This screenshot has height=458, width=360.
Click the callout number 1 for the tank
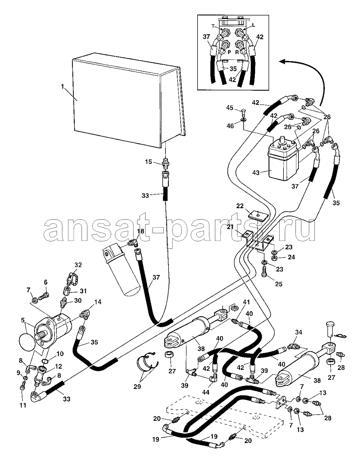(x=62, y=87)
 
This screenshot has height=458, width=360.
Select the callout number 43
(x=256, y=172)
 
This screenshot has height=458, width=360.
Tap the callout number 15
(x=148, y=162)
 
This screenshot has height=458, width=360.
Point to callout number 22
(x=240, y=206)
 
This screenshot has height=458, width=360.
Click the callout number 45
(x=230, y=108)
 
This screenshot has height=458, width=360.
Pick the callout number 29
(x=137, y=386)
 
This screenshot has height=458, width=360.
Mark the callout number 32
(x=78, y=265)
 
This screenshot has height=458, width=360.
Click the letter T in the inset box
(x=213, y=26)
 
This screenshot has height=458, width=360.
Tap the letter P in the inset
(x=229, y=52)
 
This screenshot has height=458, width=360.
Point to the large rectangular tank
(x=129, y=100)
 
